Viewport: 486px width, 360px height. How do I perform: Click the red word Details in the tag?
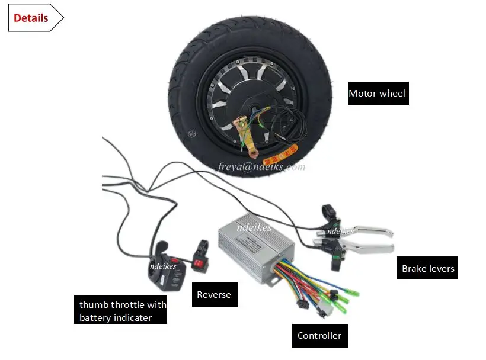coord(31,18)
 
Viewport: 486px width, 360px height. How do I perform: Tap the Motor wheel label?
coord(378,93)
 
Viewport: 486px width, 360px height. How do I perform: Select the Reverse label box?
coord(214,294)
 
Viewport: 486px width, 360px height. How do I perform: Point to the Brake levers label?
coord(428,268)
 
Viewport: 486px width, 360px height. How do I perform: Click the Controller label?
coord(319,336)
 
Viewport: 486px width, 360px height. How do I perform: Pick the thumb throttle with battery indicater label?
coord(123,311)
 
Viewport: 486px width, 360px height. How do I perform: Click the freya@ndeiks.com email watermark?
coord(261,166)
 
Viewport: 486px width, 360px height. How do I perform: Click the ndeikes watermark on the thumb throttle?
coord(163,266)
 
